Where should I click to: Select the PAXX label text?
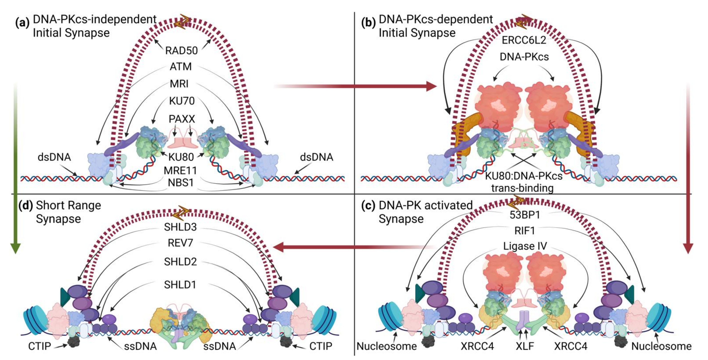[x=182, y=119]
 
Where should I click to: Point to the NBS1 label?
[x=181, y=182]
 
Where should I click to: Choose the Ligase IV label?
[x=525, y=246]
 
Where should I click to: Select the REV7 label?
[x=180, y=243]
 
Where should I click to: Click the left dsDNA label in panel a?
[x=54, y=157]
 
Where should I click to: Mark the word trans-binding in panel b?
[x=522, y=188]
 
